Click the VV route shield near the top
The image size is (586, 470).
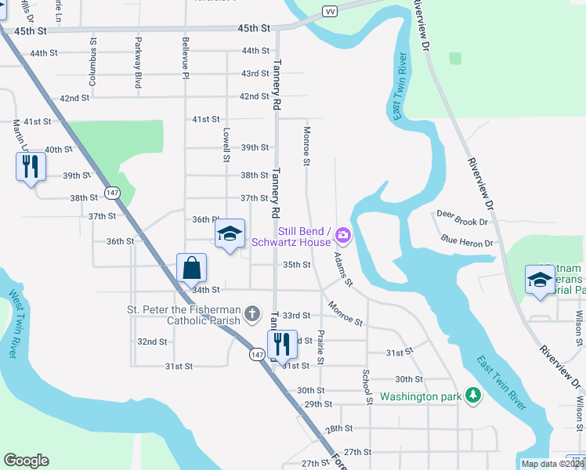coord(331,10)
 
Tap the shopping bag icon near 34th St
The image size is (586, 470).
coord(191,268)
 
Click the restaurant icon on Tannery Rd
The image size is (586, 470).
coord(282,343)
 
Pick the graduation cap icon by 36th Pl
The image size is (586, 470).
coord(230,233)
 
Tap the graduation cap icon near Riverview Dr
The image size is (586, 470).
coord(541,280)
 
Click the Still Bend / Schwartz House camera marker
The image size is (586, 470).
coord(342,235)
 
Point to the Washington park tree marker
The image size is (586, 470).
coord(472,396)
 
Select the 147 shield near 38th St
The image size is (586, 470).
coord(114,192)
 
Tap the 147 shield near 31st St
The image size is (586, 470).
coord(256,354)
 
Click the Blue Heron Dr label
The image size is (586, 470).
coord(466,241)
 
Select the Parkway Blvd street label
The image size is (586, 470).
coord(138,62)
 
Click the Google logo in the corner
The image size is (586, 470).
coord(26,461)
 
